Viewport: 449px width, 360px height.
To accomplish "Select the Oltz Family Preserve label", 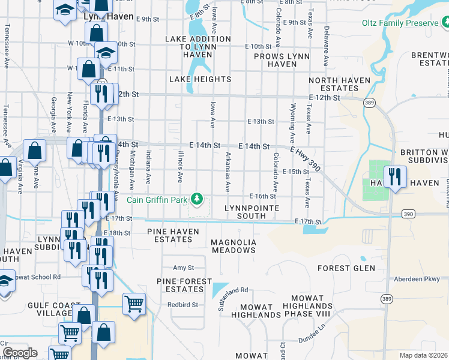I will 400,23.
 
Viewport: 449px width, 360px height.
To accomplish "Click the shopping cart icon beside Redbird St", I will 134,304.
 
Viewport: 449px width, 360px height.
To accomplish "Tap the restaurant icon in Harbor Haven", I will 395,177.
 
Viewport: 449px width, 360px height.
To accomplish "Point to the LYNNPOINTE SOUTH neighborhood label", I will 244,212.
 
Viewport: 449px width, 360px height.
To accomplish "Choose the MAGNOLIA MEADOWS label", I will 234,246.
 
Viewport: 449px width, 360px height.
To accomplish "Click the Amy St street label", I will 184,268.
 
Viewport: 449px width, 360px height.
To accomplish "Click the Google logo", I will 20,353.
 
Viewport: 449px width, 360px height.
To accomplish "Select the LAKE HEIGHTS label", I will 200,79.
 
